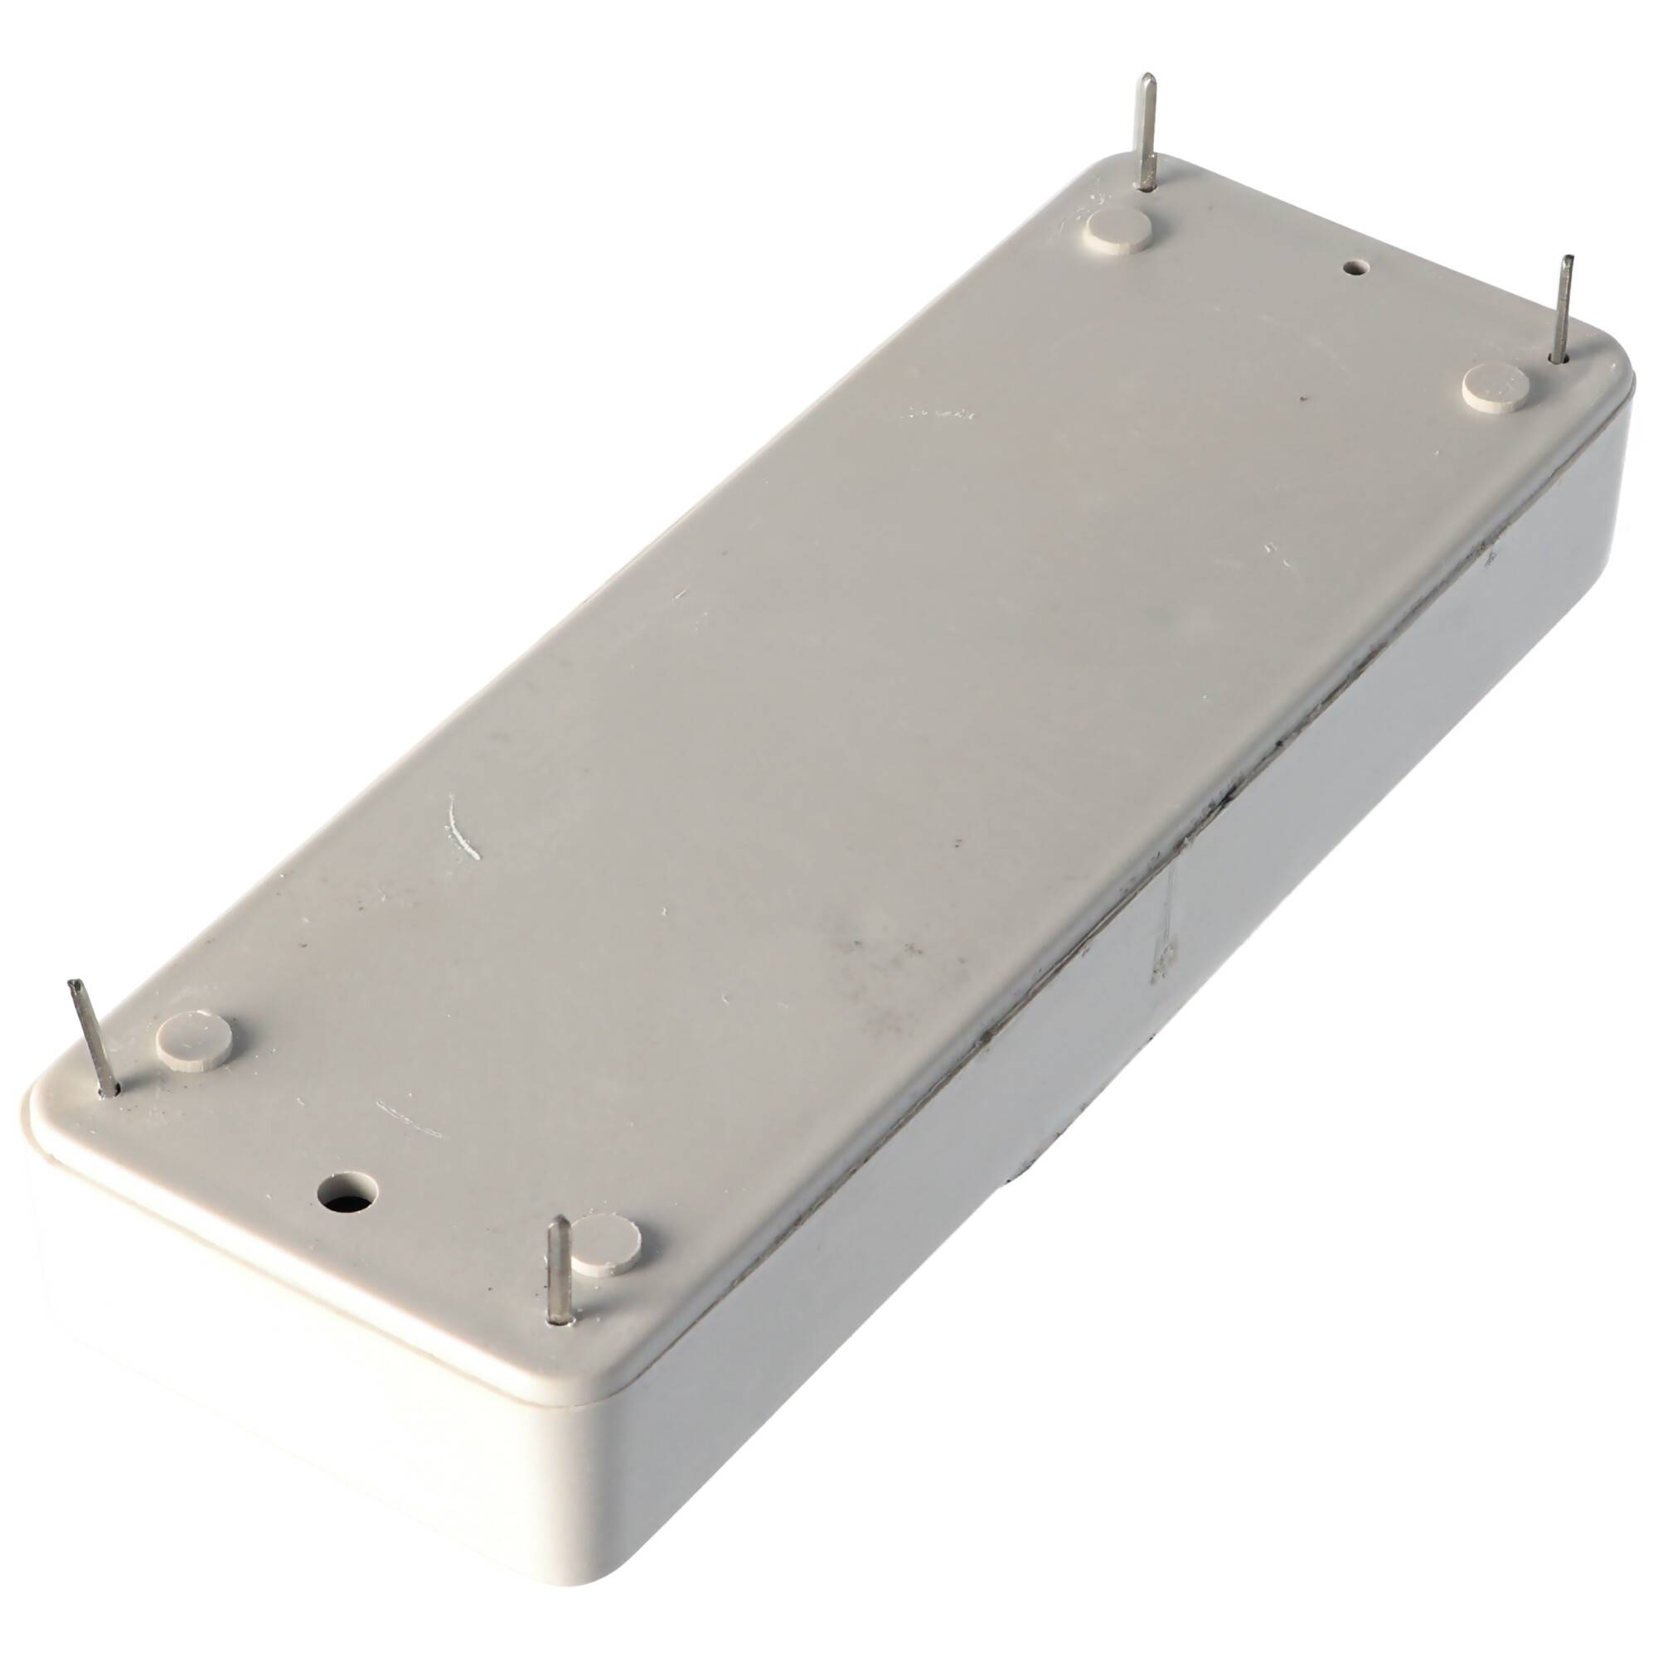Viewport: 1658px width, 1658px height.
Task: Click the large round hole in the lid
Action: [347, 1193]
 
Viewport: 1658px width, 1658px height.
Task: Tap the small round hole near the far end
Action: [1355, 268]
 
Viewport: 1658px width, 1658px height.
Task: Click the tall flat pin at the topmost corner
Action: [1145, 133]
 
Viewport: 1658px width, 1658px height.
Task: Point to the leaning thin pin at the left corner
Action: [95, 1040]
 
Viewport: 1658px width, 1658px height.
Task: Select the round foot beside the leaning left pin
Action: [196, 1040]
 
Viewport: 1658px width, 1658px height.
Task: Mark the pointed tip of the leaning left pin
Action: [75, 985]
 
